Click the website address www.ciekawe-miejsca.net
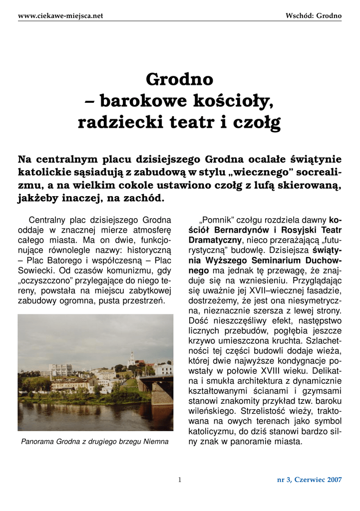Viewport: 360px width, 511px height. pyautogui.click(x=60, y=16)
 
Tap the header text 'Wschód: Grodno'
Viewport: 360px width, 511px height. pyautogui.click(x=314, y=16)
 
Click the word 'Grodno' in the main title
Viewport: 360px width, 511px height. pyautogui.click(x=179, y=79)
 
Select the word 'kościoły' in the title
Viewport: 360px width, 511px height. pyautogui.click(x=233, y=101)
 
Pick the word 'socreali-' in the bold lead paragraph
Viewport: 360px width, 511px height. pyautogui.click(x=314, y=173)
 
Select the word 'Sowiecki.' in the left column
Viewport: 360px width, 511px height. pyautogui.click(x=38, y=271)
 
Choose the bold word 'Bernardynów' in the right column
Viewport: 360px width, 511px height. pyautogui.click(x=238, y=230)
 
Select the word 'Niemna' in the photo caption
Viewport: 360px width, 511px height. pyautogui.click(x=157, y=442)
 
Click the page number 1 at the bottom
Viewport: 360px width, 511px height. pyautogui.click(x=180, y=480)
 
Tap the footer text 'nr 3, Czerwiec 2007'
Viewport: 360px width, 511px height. pyautogui.click(x=310, y=480)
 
